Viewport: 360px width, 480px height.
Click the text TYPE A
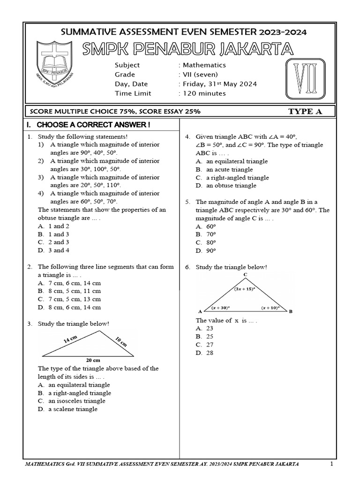click(305, 111)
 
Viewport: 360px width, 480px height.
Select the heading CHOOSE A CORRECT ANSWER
click(94, 125)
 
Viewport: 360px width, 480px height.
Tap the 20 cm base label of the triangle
click(92, 360)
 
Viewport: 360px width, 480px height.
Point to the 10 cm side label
click(121, 341)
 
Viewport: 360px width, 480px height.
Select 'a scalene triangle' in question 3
click(73, 409)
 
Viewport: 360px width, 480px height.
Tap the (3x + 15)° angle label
click(245, 289)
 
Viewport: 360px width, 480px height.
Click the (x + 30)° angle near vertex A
click(220, 308)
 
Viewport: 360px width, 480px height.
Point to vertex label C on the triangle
click(245, 274)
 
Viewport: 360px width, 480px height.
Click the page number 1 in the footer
click(331, 464)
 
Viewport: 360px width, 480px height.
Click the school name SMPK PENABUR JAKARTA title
click(187, 48)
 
